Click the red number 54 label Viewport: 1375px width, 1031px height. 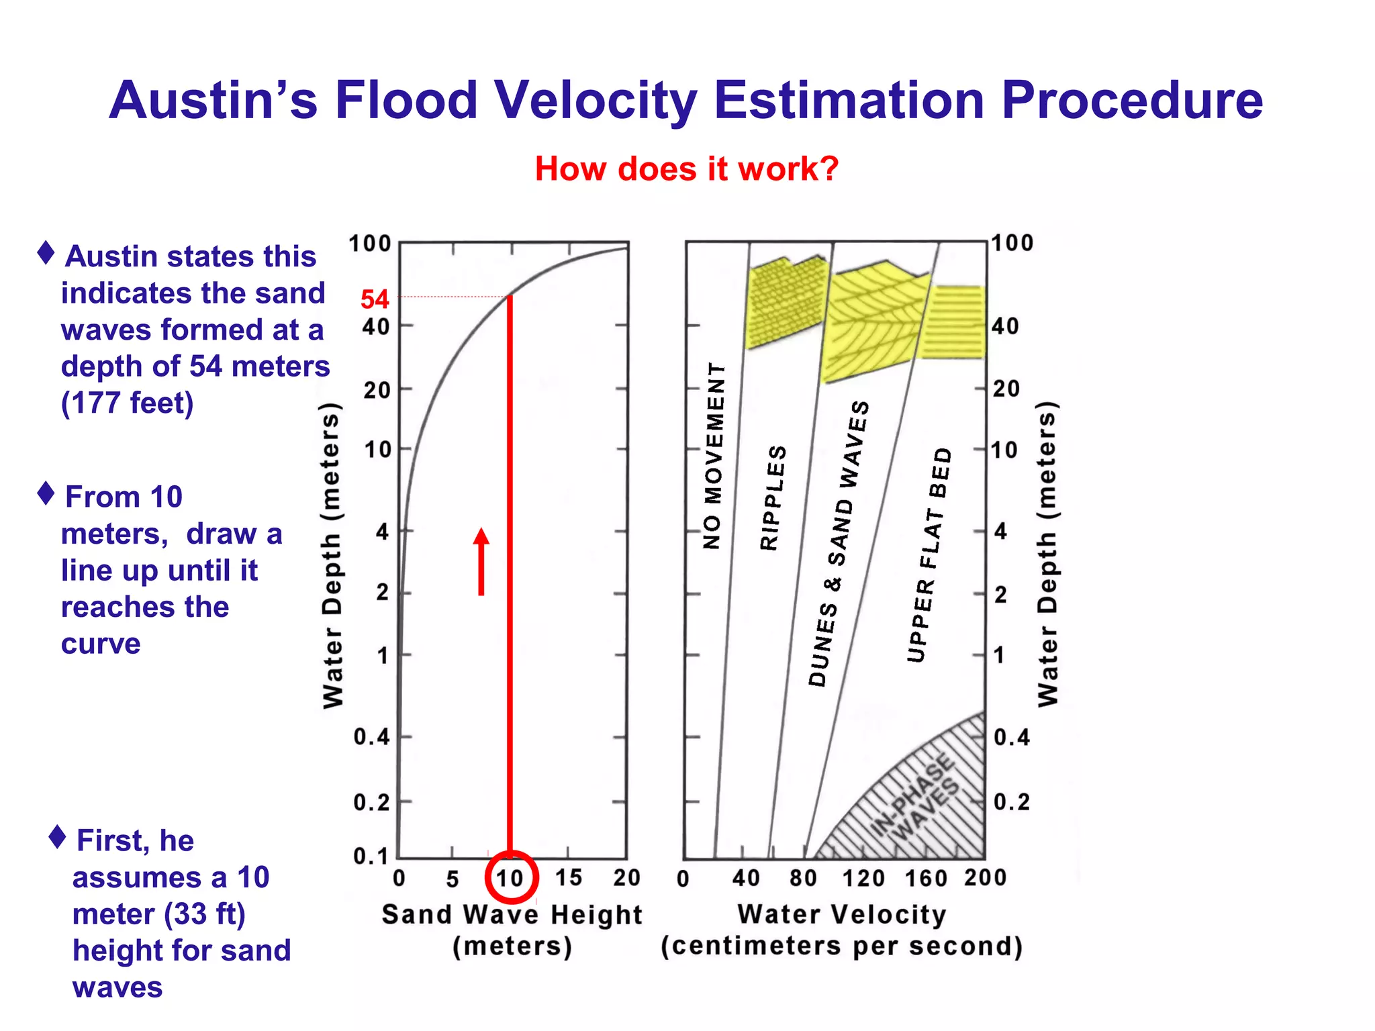tap(375, 299)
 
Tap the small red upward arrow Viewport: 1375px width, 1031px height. tap(481, 561)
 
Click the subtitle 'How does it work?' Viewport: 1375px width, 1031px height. tap(686, 168)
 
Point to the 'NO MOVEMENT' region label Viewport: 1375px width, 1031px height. tap(714, 456)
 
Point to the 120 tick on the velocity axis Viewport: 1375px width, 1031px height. tap(863, 878)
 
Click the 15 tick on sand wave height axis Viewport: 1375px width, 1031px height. tap(568, 877)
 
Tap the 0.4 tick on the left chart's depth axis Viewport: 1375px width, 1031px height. tap(371, 737)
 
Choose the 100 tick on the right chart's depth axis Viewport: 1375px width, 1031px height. tap(1012, 243)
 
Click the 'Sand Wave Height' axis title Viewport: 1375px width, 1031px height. tap(512, 914)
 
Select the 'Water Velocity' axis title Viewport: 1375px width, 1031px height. tap(841, 914)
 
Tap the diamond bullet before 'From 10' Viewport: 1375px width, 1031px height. tap(46, 493)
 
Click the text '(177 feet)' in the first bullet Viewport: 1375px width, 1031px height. tap(127, 403)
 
